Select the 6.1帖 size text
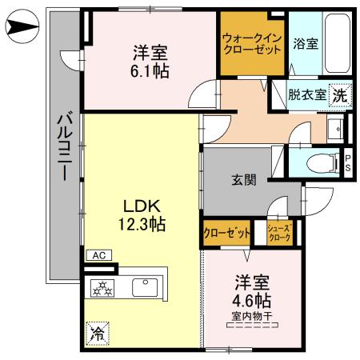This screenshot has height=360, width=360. (149, 70)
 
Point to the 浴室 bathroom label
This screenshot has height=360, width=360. (306, 44)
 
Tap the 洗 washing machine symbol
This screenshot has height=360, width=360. (340, 94)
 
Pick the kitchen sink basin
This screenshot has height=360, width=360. (146, 285)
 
